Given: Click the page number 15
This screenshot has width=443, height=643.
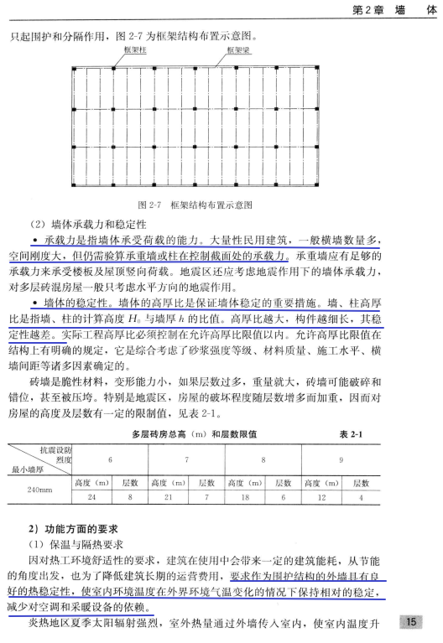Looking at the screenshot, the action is coord(411,621).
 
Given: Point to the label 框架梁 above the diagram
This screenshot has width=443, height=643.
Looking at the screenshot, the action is coord(237,50).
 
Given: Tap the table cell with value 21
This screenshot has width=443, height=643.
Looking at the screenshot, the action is coord(166,496).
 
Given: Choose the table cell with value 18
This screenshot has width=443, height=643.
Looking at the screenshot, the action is coord(241,496).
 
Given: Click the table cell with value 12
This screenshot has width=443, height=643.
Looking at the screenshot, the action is coord(315,496).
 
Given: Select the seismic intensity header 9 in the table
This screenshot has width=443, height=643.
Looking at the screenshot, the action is coord(339,459).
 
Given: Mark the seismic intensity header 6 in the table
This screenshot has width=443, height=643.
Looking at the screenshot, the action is coord(110,459).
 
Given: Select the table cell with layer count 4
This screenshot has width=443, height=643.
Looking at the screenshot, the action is coord(362,496).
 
